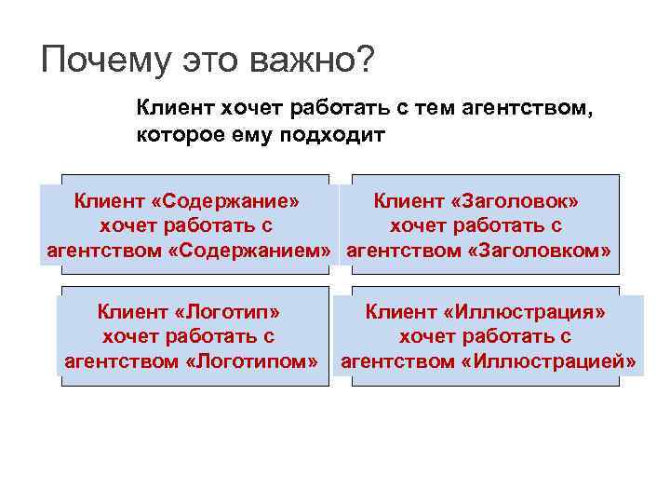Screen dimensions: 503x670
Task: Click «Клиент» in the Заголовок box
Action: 406,200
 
